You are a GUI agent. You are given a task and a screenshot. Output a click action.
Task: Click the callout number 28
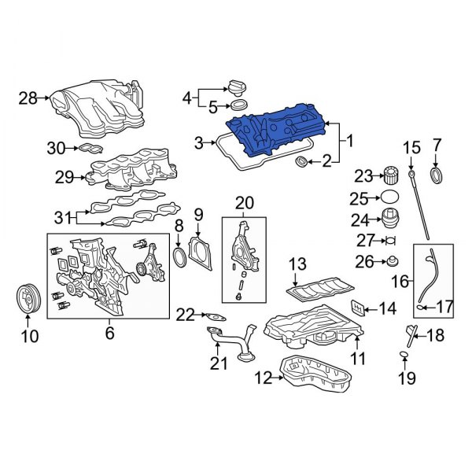coord(28,98)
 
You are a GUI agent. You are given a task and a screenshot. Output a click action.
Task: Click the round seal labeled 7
coord(437,174)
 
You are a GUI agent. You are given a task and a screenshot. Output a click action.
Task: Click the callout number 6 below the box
coord(109,333)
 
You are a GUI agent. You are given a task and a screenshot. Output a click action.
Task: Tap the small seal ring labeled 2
coord(301,162)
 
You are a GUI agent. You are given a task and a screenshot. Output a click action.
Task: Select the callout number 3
coord(200,142)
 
